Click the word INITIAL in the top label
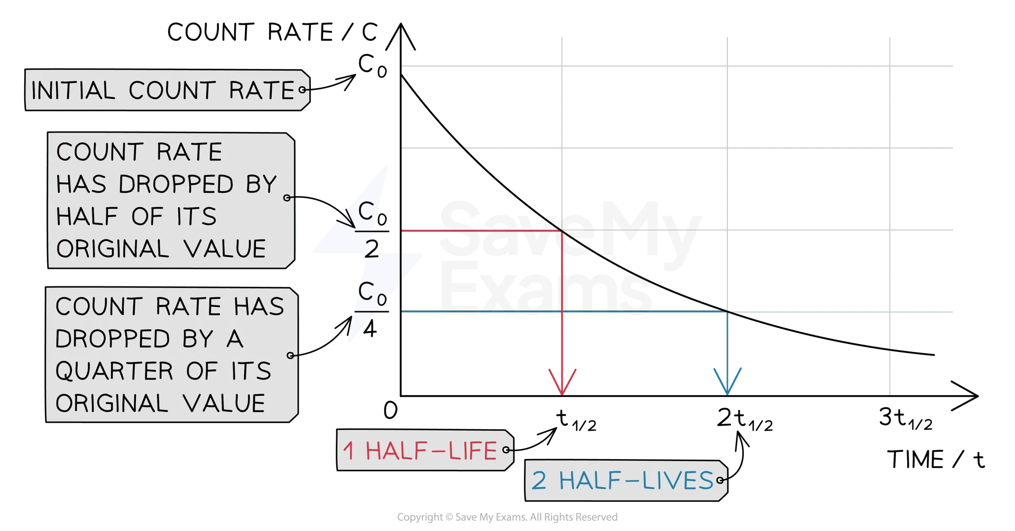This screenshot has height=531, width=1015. click(x=73, y=91)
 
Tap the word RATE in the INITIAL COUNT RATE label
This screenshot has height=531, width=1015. click(x=261, y=91)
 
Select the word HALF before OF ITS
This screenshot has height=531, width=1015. click(x=87, y=217)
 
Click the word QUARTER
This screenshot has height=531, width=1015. click(x=114, y=371)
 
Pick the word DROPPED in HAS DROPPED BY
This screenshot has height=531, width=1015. click(x=176, y=184)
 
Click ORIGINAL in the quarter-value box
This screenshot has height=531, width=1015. click(x=112, y=404)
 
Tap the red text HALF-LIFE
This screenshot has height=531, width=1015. click(x=431, y=451)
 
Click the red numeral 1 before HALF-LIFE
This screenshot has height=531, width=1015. click(x=348, y=451)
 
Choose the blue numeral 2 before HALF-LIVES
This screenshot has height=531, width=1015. click(x=539, y=481)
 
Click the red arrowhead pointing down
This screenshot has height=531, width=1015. click(x=562, y=383)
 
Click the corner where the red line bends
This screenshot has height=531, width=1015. click(x=561, y=231)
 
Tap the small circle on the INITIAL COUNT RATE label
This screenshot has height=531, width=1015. click(x=302, y=90)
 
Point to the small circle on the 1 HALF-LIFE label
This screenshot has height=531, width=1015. click(x=506, y=450)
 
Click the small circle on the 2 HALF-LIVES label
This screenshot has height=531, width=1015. click(x=719, y=480)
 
